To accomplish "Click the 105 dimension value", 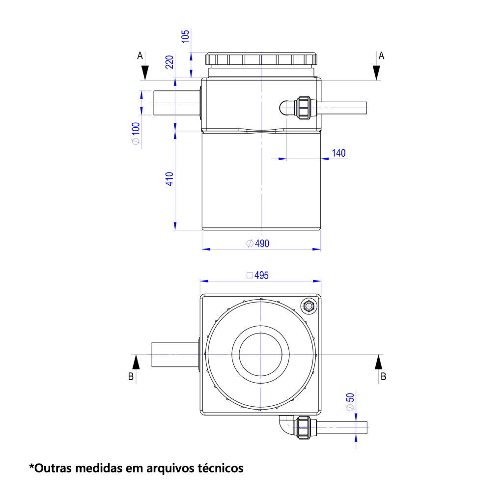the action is (x=185, y=36).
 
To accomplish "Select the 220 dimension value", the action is (x=169, y=62).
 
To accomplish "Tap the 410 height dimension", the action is (x=169, y=179).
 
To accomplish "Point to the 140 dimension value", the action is (x=339, y=153).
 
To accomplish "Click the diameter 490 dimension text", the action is (x=258, y=244).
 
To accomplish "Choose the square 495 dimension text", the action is (x=257, y=275).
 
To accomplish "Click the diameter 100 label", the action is (x=136, y=134).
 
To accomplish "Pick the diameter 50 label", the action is (x=350, y=402).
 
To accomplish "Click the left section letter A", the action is (x=140, y=56).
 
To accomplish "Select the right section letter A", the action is (x=381, y=56).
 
